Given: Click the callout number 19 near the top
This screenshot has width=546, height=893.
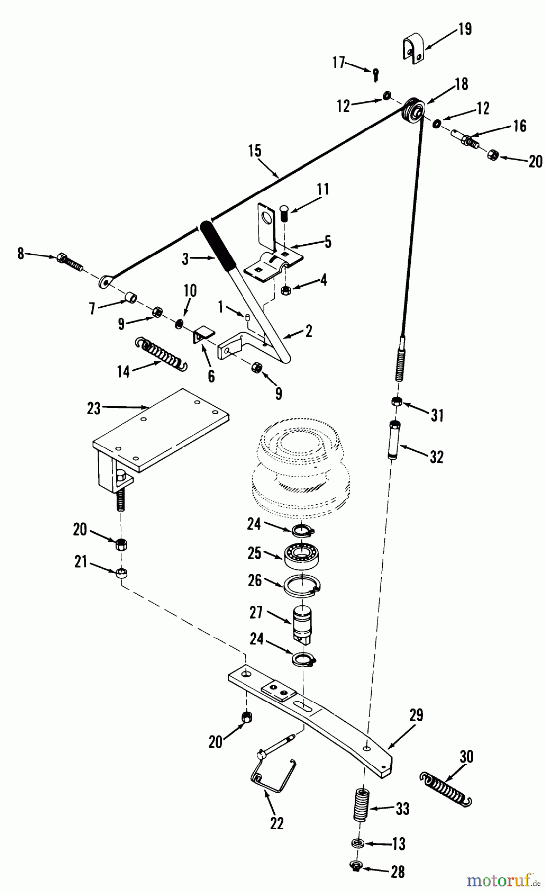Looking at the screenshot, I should pos(465,29).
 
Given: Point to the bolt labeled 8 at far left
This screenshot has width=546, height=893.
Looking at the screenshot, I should pos(69,261).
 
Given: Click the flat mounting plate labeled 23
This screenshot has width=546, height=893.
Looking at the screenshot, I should pos(161,431).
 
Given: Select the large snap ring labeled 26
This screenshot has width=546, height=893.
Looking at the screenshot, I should pos(303,584).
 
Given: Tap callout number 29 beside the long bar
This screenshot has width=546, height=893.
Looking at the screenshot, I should pos(416,715).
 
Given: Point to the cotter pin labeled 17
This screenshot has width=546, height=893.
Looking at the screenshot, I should pos(376,74).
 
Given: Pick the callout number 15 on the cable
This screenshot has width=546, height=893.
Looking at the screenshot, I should pos(254,151).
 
